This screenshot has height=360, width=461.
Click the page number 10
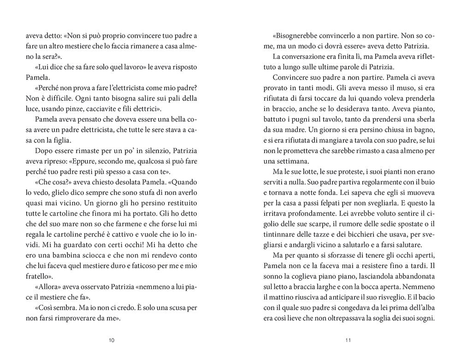tap(112, 340)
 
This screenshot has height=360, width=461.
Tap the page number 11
tap(349, 340)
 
